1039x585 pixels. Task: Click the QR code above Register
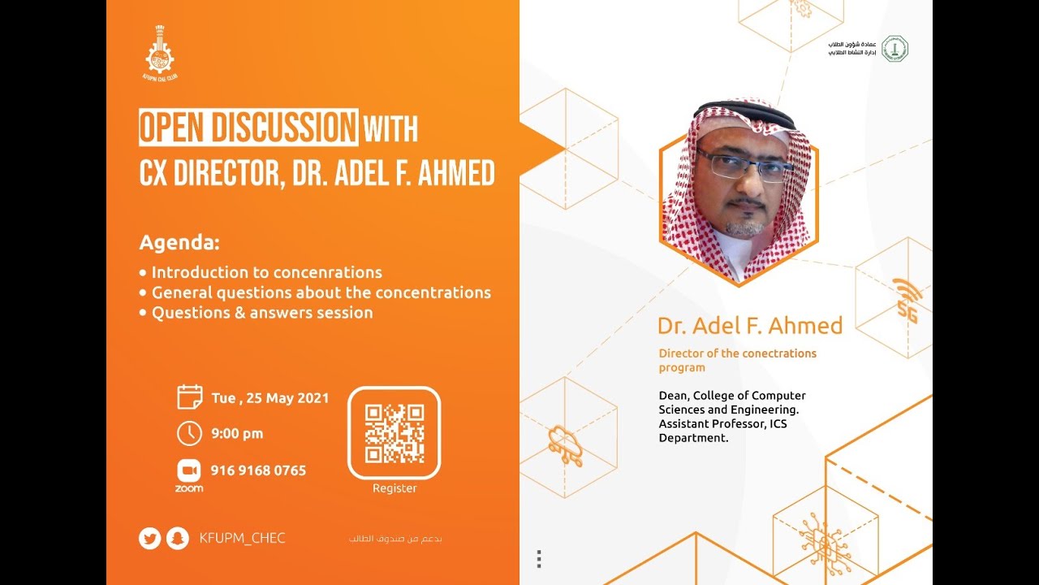(x=394, y=433)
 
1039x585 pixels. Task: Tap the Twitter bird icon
(x=149, y=539)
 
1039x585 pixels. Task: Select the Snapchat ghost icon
(x=177, y=539)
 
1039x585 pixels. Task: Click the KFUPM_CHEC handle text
(x=242, y=538)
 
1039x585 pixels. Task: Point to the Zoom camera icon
(x=188, y=470)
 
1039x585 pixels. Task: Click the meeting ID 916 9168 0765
(x=258, y=470)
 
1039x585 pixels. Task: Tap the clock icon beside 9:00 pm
(x=189, y=433)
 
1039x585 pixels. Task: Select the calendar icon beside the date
(x=189, y=397)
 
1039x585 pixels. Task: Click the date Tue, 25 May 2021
(x=269, y=398)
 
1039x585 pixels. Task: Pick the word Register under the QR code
(x=394, y=488)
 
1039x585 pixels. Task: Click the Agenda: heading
(x=179, y=243)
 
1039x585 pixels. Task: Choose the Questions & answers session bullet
(x=261, y=313)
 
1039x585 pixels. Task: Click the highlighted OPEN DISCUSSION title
(x=248, y=128)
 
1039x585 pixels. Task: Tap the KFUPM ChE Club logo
(x=160, y=53)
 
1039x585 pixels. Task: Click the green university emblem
(x=895, y=49)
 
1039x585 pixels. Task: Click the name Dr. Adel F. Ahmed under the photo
(x=750, y=326)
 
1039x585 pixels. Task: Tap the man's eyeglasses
(x=744, y=164)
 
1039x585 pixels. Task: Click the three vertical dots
(x=539, y=559)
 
